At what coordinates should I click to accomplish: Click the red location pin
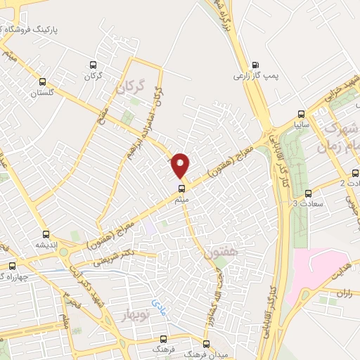click(x=181, y=165)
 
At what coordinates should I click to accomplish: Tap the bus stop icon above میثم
click(x=181, y=188)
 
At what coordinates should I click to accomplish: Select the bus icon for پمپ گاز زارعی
click(x=255, y=64)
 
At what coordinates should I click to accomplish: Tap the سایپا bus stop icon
click(x=301, y=112)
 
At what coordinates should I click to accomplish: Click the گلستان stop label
click(x=42, y=92)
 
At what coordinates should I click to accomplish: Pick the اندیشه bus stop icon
click(x=46, y=234)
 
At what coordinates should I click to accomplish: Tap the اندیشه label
click(x=46, y=245)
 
